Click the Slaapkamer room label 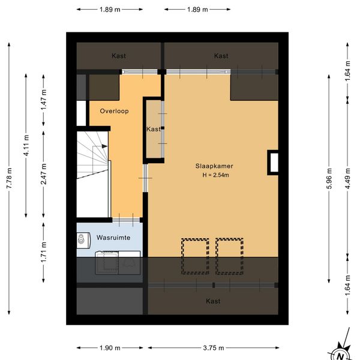214,166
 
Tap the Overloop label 114,111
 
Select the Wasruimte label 113,238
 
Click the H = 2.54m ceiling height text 215,175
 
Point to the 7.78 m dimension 9,178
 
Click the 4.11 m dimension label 26,146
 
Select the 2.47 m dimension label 44,174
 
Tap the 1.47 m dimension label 44,100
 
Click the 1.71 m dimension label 44,252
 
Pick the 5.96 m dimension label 329,178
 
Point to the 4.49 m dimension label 347,178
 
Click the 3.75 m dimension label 214,348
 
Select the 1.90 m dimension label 110,348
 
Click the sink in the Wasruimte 82,241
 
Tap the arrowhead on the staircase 104,146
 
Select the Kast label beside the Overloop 154,129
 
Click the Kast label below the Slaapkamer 213,301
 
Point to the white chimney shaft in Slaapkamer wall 274,163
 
